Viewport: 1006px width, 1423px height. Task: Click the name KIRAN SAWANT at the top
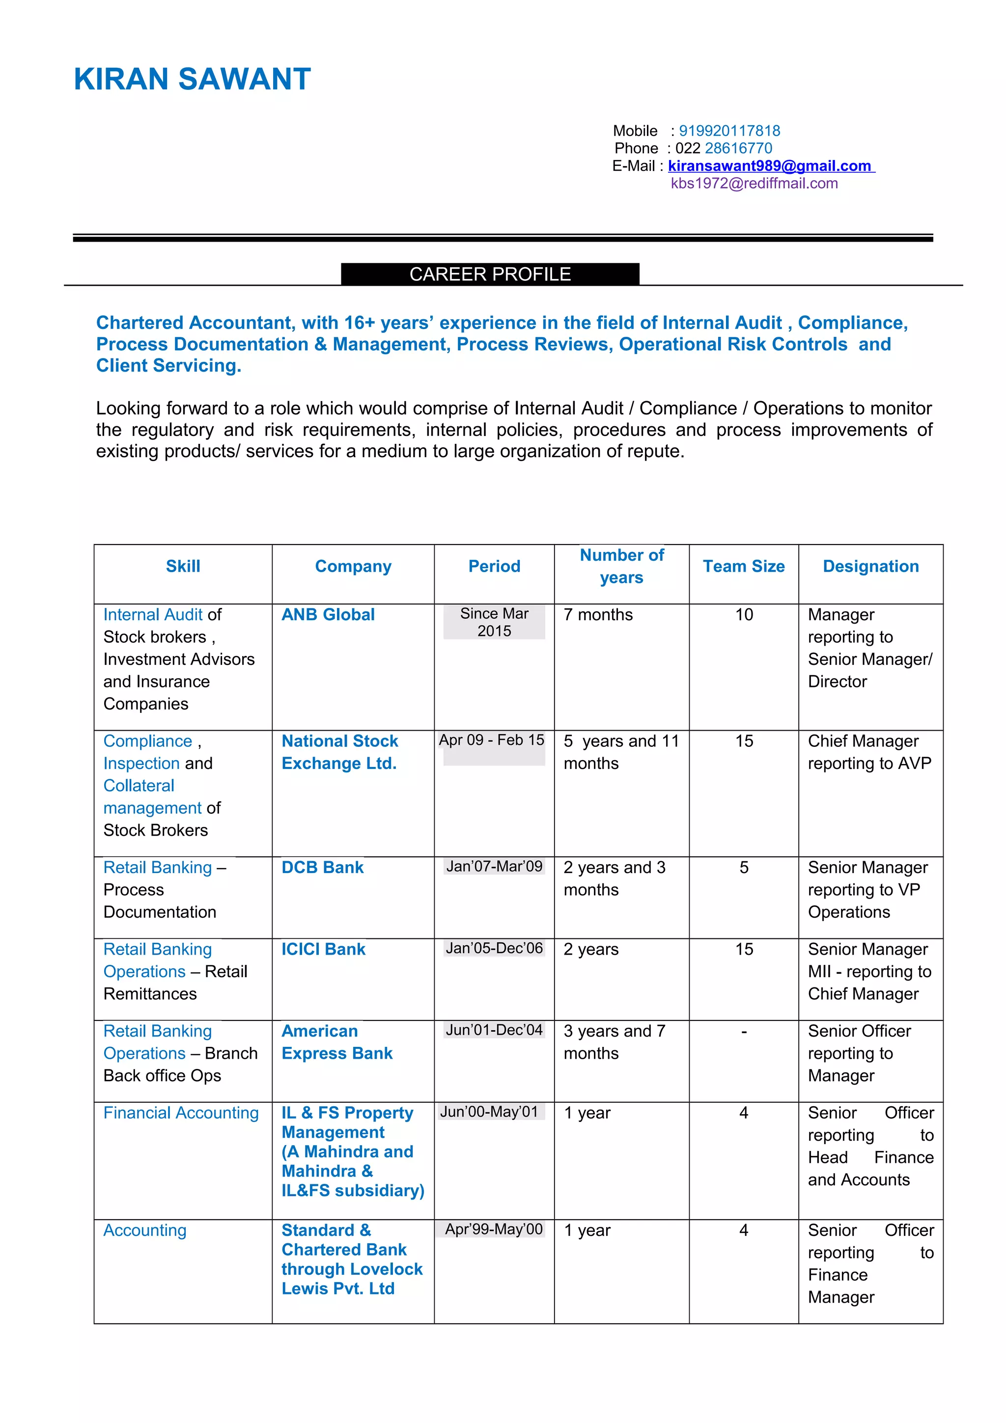(192, 80)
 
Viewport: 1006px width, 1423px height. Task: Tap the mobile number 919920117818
(729, 131)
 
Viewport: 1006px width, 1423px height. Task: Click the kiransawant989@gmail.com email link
(770, 165)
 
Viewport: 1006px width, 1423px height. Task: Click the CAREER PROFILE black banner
(490, 274)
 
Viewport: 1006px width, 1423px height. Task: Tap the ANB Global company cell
(328, 614)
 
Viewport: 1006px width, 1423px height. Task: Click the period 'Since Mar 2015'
(494, 622)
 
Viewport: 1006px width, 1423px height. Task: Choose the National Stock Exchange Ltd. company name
(339, 752)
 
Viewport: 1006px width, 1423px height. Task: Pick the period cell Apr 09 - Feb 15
(492, 740)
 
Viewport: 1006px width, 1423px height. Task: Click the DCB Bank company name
(322, 867)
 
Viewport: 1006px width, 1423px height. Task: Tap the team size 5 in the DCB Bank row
(744, 867)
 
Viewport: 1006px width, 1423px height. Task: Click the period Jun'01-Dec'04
(494, 1030)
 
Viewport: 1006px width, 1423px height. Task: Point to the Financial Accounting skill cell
(181, 1113)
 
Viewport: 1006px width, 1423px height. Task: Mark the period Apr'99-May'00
(494, 1229)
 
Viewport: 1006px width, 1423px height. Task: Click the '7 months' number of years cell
(598, 614)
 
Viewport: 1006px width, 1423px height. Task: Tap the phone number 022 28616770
(724, 148)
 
